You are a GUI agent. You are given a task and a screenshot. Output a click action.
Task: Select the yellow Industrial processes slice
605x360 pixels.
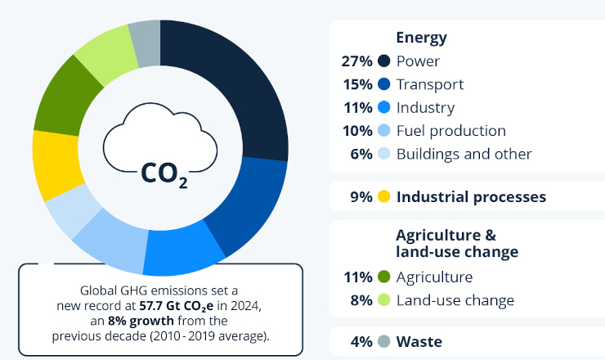click(x=56, y=163)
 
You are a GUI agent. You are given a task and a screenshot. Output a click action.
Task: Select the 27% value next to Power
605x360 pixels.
click(x=356, y=61)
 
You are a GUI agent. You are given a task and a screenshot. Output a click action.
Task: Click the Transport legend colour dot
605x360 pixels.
click(x=383, y=84)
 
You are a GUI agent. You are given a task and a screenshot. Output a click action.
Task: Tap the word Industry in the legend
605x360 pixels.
click(x=425, y=107)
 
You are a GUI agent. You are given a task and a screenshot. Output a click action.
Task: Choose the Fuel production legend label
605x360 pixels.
click(x=450, y=131)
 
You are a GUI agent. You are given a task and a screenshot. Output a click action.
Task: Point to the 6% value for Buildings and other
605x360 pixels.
click(x=361, y=154)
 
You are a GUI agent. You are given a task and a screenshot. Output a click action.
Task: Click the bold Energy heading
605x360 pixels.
click(x=421, y=38)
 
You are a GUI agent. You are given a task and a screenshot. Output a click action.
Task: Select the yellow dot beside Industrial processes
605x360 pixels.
click(x=383, y=196)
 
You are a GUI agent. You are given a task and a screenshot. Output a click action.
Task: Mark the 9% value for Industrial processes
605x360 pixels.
click(x=361, y=196)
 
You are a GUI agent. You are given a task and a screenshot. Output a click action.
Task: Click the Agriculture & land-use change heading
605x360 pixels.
click(x=456, y=243)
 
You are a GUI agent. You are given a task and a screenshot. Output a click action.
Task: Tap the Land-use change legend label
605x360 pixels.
click(x=455, y=300)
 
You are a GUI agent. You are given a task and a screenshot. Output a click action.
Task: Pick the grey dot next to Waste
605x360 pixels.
click(x=383, y=341)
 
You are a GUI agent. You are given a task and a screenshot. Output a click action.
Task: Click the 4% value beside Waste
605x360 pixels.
click(x=361, y=341)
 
